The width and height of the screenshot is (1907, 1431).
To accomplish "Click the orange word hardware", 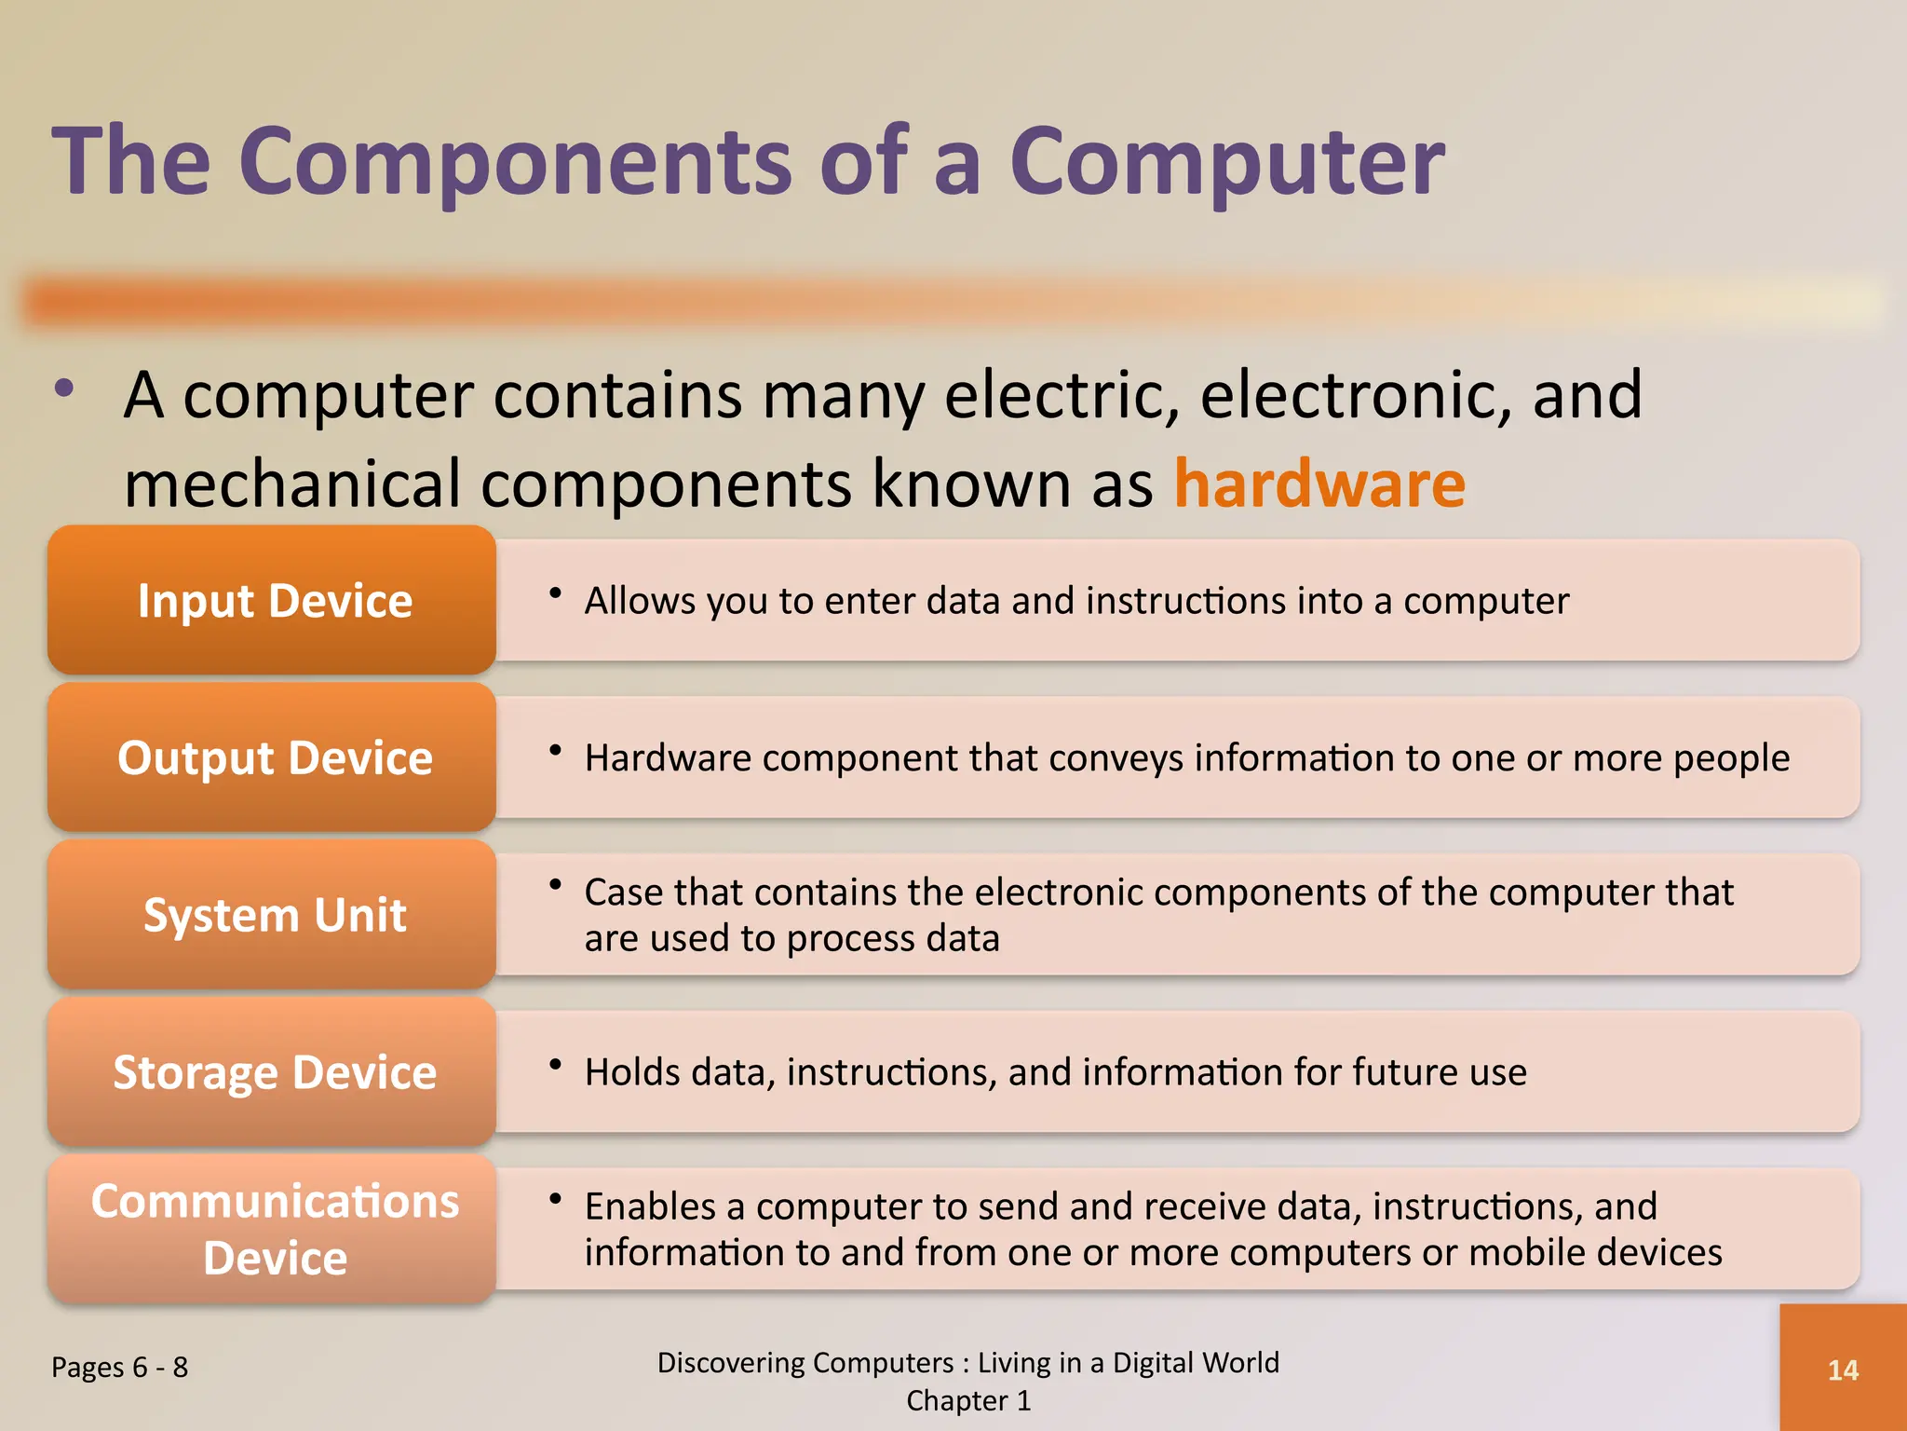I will click(1319, 484).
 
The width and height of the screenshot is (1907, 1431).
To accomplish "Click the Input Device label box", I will click(272, 600).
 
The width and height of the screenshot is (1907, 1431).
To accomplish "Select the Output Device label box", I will click(272, 757).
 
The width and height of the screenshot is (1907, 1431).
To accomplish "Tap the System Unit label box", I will click(272, 915).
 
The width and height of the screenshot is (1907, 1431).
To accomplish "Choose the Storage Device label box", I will click(272, 1072).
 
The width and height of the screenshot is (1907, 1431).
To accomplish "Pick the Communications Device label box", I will click(272, 1229).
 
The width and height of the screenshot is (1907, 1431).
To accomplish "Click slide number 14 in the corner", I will click(1843, 1370).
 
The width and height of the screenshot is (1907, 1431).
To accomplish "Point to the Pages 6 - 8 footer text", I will click(119, 1367).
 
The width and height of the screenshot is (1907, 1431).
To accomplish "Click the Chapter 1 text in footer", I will click(968, 1400).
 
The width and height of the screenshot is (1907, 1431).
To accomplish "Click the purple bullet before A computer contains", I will click(63, 388).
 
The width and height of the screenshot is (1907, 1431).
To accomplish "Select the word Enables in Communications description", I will click(649, 1206).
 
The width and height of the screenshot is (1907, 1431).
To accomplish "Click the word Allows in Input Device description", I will click(639, 601).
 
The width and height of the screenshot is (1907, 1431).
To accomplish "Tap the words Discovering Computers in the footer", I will click(805, 1362).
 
